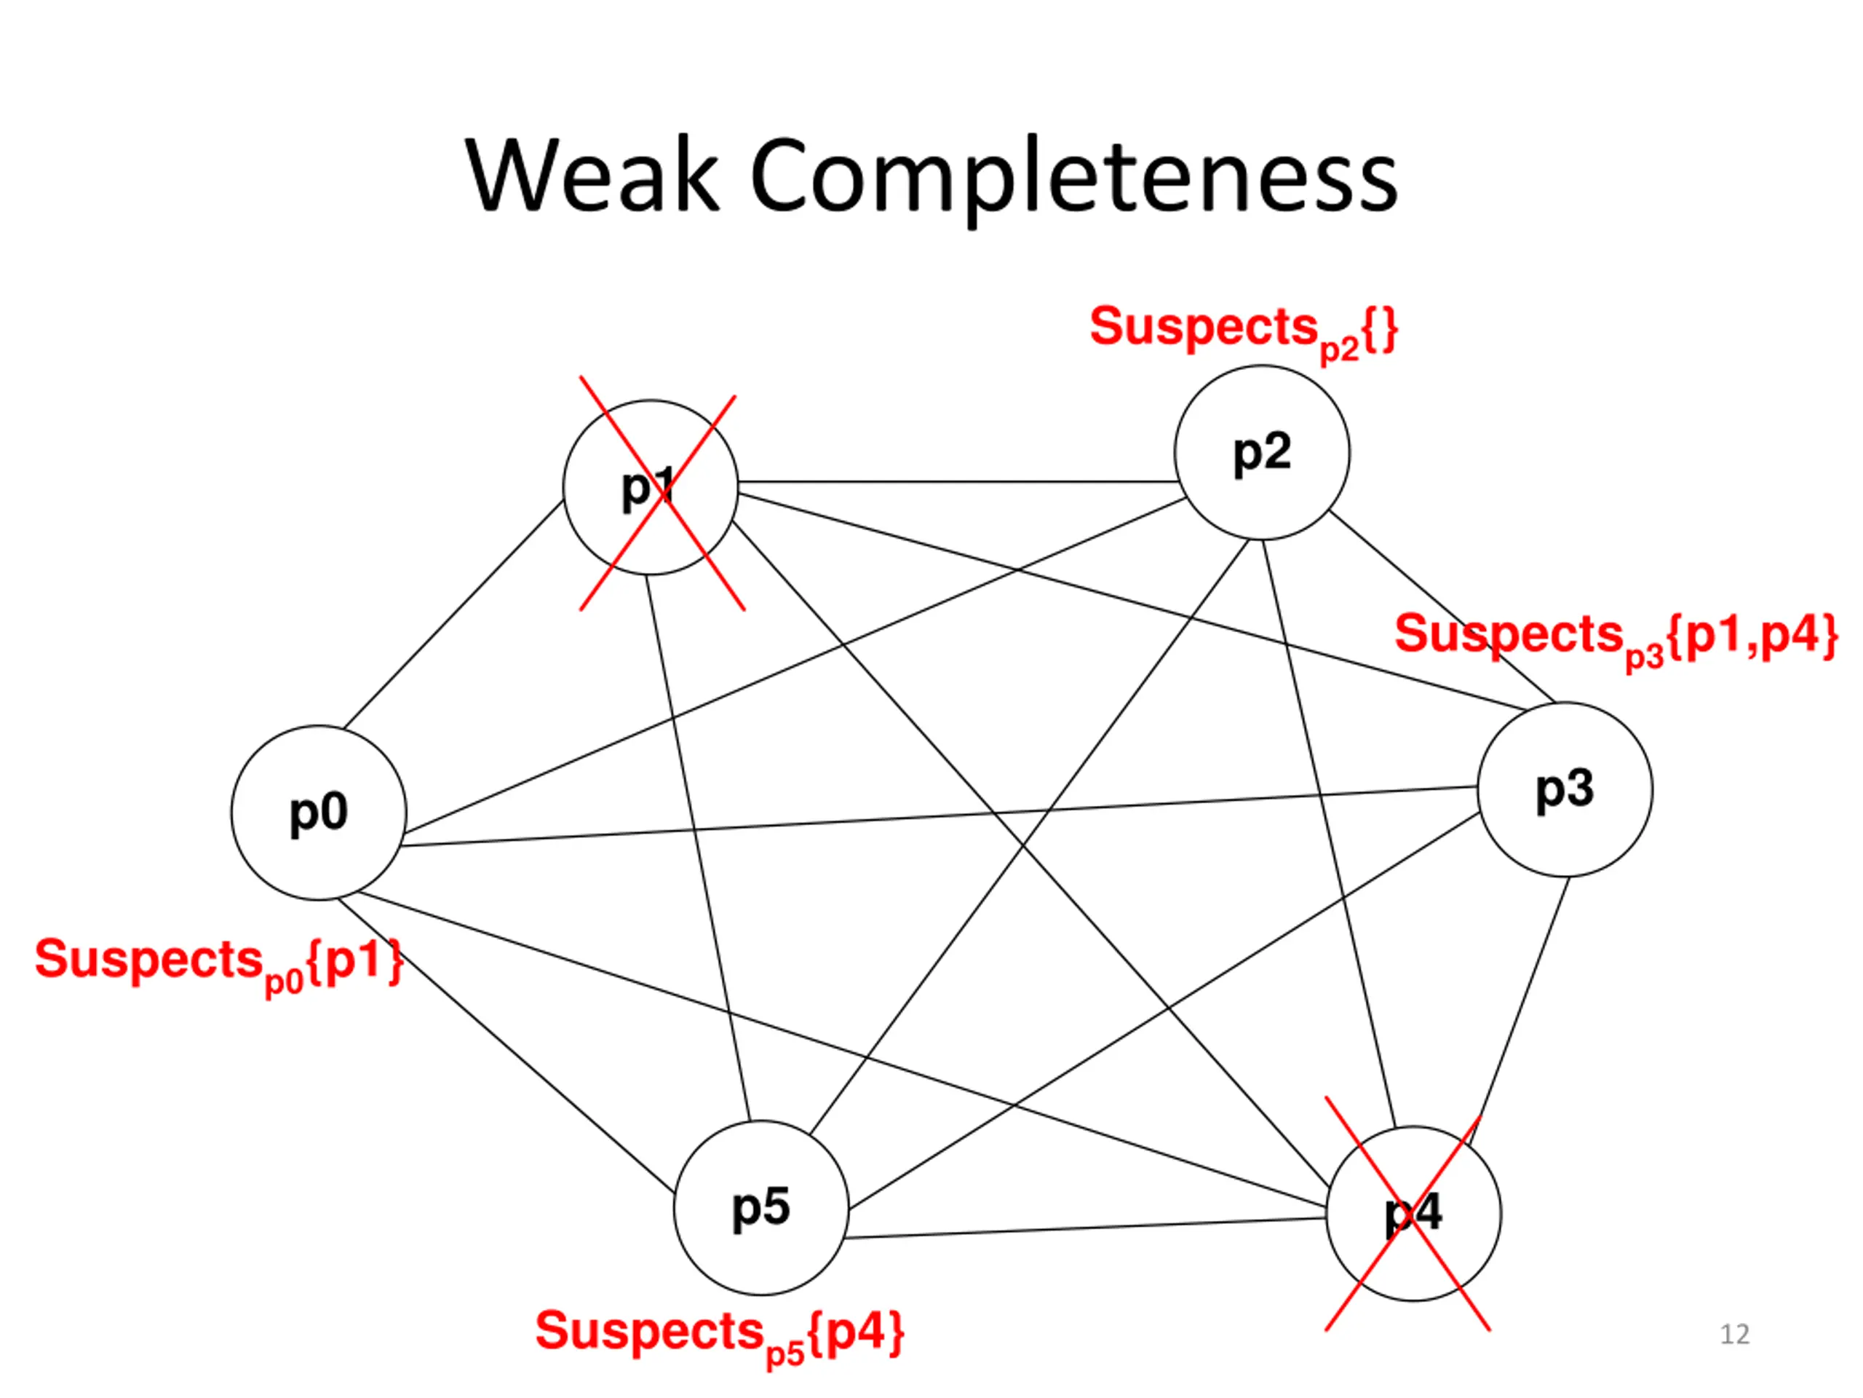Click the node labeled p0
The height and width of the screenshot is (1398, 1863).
pos(318,813)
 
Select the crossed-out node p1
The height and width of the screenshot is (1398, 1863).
pos(650,487)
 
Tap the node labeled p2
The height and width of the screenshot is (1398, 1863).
pos(1262,452)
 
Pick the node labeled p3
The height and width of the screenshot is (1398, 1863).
pos(1565,789)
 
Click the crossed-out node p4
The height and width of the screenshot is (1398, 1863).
pos(1413,1214)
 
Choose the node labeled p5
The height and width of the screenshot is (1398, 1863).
pos(761,1207)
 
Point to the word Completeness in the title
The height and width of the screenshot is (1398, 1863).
pos(1075,178)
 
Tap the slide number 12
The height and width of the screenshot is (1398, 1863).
pos(1734,1334)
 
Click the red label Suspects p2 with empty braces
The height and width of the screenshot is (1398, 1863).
pos(1243,331)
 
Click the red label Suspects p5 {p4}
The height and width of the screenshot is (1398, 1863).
pos(719,1337)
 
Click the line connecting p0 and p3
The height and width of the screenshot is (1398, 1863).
pos(940,815)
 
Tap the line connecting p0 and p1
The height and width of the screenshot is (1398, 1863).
pos(453,615)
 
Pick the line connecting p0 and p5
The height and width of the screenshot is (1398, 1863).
pos(505,1046)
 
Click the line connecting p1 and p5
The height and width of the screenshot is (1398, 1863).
pos(697,848)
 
